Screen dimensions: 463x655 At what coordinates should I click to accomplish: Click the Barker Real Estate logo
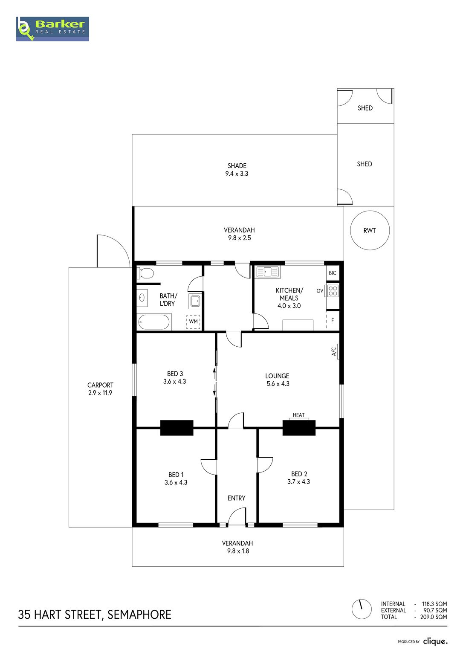(52, 29)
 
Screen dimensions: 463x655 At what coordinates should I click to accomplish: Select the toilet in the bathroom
(145, 273)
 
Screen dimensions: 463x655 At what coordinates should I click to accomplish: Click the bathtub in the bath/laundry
(154, 322)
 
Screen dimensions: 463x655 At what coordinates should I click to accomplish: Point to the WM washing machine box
(193, 322)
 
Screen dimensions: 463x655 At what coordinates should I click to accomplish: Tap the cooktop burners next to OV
(333, 291)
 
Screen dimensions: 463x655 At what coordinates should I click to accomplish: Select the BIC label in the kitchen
(333, 273)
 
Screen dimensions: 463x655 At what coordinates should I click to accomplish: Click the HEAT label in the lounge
(298, 415)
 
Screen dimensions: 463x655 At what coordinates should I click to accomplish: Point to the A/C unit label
(334, 351)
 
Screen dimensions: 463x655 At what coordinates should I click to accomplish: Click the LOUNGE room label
(277, 376)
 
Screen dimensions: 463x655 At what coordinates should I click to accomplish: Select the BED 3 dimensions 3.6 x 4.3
(174, 381)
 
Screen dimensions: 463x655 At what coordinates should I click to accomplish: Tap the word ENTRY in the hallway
(237, 498)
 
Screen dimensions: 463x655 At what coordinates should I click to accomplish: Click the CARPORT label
(100, 385)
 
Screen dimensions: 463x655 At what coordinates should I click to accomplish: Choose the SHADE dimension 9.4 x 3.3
(237, 174)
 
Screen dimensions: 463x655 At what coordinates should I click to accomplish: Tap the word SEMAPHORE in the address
(139, 614)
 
